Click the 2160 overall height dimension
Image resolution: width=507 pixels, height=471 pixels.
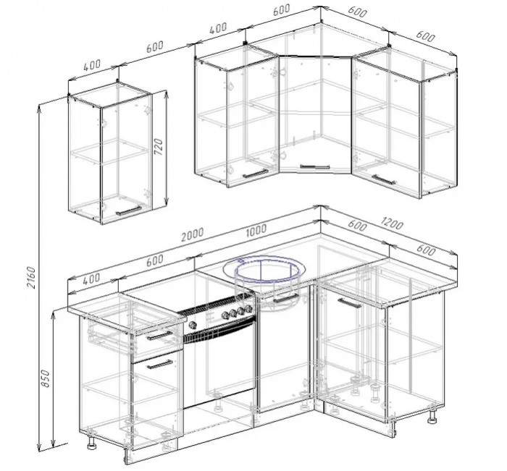31,277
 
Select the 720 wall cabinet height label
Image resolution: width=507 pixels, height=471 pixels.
159,147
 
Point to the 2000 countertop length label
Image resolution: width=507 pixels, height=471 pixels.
192,234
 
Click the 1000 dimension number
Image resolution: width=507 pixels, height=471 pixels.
256,229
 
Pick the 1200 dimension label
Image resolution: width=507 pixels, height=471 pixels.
392,224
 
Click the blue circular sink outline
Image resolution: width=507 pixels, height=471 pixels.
264,270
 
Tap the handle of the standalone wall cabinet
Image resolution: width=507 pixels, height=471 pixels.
129,211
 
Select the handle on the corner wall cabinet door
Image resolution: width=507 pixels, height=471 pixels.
315,166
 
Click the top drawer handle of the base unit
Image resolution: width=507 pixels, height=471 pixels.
160,336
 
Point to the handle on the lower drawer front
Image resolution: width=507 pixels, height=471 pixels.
160,365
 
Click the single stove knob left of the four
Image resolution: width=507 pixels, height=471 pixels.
193,325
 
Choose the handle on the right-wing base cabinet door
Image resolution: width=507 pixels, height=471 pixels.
350,303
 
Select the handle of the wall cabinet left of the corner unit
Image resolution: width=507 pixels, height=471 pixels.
256,174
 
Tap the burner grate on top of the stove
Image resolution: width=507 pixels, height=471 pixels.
216,305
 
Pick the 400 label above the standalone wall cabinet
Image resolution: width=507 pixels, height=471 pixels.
92,66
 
